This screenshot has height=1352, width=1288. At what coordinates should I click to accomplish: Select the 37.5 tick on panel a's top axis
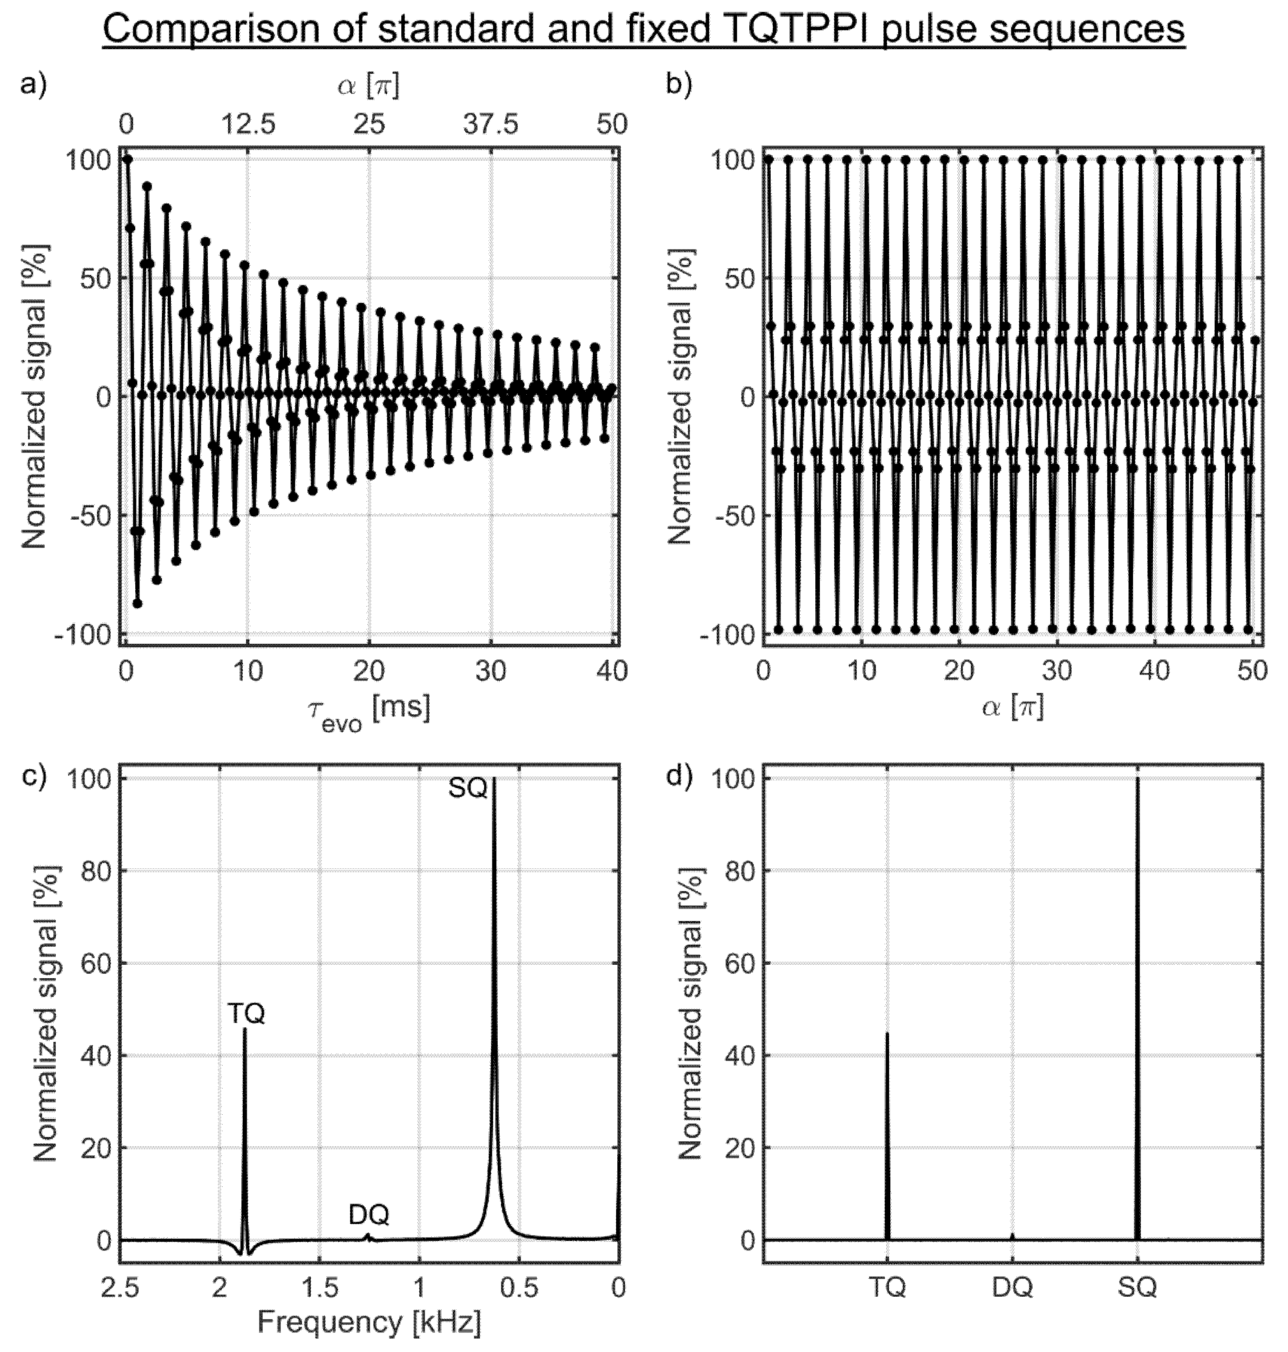[490, 124]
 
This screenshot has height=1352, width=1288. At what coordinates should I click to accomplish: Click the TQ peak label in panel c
[246, 1013]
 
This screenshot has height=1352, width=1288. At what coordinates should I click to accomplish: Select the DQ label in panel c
[369, 1215]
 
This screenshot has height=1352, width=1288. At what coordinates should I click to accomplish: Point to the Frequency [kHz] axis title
[369, 1322]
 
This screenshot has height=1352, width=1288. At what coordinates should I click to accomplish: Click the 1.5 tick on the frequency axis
[320, 1288]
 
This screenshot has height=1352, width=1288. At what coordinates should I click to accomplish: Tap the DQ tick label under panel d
[1012, 1288]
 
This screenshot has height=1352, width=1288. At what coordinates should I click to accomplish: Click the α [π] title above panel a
[369, 86]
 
